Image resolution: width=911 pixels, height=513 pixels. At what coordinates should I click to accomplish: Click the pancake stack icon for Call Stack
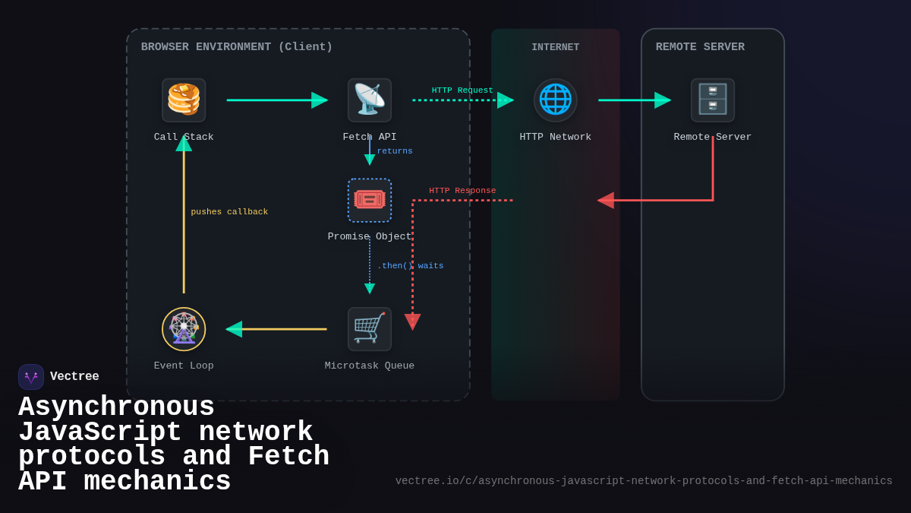(184, 100)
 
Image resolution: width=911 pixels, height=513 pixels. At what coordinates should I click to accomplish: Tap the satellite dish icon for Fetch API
(370, 100)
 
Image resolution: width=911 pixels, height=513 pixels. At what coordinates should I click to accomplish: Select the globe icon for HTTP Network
(555, 100)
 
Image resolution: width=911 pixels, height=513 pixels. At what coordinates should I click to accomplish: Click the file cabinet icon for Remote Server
(712, 100)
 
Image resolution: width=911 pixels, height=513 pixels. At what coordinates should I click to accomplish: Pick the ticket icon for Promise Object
(370, 200)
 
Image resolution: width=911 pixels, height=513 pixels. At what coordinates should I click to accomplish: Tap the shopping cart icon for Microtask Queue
(370, 328)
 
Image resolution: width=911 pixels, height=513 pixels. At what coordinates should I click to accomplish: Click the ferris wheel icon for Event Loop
(184, 328)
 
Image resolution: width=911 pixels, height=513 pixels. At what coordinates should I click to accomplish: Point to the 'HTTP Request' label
(462, 90)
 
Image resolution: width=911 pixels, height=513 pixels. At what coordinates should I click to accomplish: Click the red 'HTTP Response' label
(462, 191)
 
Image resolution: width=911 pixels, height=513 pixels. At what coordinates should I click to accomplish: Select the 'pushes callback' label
(229, 212)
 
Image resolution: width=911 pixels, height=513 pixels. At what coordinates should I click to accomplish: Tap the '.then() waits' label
(410, 266)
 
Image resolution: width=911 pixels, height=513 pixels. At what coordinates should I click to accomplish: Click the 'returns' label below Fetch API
(395, 151)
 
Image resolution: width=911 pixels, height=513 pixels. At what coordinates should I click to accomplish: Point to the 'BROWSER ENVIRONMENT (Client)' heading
(237, 47)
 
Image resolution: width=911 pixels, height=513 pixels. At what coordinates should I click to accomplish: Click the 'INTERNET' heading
(555, 47)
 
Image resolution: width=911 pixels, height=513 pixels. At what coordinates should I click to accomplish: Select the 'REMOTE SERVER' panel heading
(700, 47)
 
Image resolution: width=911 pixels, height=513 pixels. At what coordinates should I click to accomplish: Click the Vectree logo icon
(31, 377)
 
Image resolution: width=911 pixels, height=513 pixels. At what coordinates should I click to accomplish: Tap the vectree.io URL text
(644, 481)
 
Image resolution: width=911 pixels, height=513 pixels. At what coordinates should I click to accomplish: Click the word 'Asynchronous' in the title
(116, 407)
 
